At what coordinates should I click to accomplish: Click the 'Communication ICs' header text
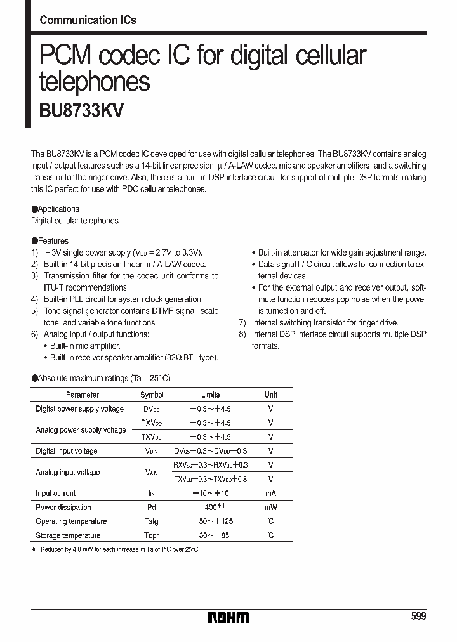click(x=88, y=20)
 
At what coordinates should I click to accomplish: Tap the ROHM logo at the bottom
click(x=228, y=617)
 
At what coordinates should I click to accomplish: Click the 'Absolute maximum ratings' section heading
click(x=101, y=378)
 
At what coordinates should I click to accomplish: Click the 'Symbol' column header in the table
click(x=151, y=395)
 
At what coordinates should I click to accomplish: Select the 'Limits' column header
click(x=211, y=395)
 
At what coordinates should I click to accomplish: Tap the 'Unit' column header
click(x=271, y=395)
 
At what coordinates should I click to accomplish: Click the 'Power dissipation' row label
click(x=63, y=508)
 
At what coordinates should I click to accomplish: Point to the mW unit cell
click(x=271, y=508)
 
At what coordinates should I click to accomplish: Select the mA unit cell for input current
click(x=271, y=494)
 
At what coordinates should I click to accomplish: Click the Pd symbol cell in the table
click(x=151, y=508)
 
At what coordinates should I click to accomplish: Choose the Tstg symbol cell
click(x=151, y=521)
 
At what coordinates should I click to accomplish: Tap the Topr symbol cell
click(x=151, y=535)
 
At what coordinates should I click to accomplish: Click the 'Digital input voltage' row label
click(x=67, y=451)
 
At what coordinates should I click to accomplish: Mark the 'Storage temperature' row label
click(x=68, y=535)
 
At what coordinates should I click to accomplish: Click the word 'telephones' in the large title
click(x=95, y=82)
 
